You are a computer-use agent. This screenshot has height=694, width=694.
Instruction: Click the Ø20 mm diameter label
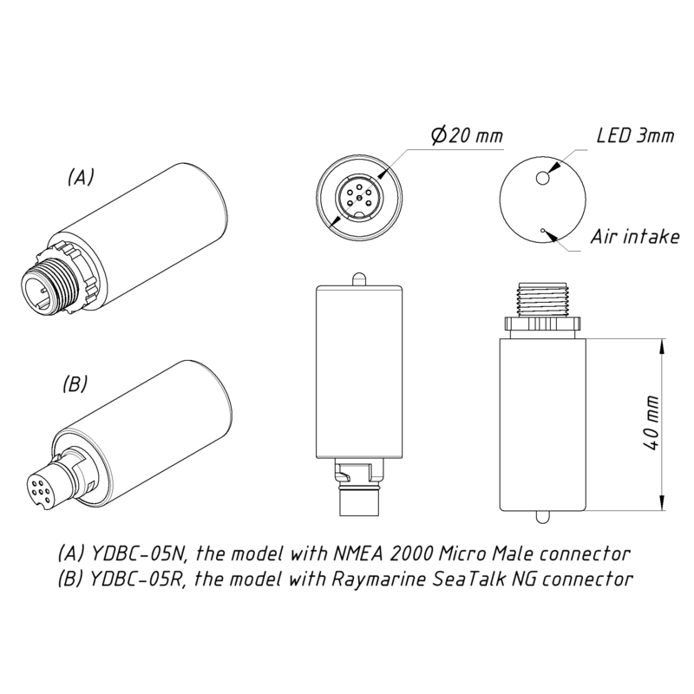coord(467,134)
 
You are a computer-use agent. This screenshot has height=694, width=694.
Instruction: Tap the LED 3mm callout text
coord(635,135)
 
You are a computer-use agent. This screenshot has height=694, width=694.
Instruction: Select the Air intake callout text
coord(635,237)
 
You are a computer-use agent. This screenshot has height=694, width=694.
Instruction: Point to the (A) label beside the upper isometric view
coord(81,177)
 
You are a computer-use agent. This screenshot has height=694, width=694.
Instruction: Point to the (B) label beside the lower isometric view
coord(75,383)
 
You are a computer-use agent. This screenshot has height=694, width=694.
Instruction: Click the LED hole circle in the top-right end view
coord(543,179)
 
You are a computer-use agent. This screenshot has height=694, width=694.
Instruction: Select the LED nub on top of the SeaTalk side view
coord(359,279)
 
